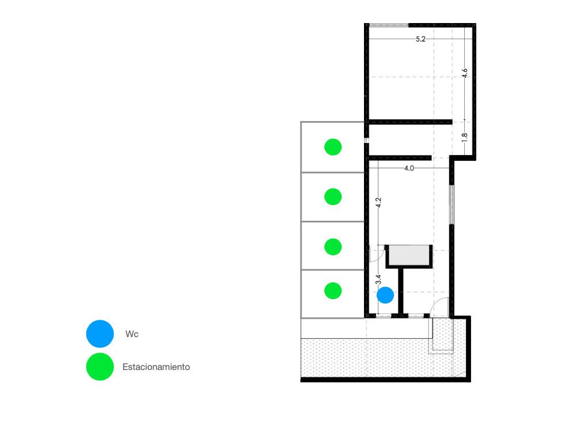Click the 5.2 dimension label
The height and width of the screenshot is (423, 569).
(x=420, y=39)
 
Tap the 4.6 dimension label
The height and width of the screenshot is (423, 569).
(x=465, y=73)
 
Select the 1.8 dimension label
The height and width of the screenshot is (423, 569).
(x=465, y=137)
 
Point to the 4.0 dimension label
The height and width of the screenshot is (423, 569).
(x=409, y=168)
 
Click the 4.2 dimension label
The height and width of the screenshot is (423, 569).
(x=378, y=203)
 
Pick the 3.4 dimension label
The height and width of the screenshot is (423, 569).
(x=378, y=280)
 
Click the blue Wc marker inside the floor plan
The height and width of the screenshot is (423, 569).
(x=385, y=295)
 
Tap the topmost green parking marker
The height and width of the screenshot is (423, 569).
(x=333, y=147)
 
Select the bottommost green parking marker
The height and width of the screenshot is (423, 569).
(x=333, y=290)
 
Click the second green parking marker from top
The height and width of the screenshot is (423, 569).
(x=333, y=197)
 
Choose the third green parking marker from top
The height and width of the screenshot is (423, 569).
(x=333, y=247)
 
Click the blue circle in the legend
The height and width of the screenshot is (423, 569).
(x=100, y=334)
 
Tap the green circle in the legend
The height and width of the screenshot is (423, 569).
(x=100, y=367)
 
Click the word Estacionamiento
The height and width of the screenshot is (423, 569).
(x=156, y=367)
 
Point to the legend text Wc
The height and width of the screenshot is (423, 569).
(x=132, y=334)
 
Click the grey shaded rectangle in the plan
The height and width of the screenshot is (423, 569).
(x=409, y=255)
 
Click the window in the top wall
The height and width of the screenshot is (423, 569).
(x=389, y=25)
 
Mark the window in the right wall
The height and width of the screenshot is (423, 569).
(x=452, y=205)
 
